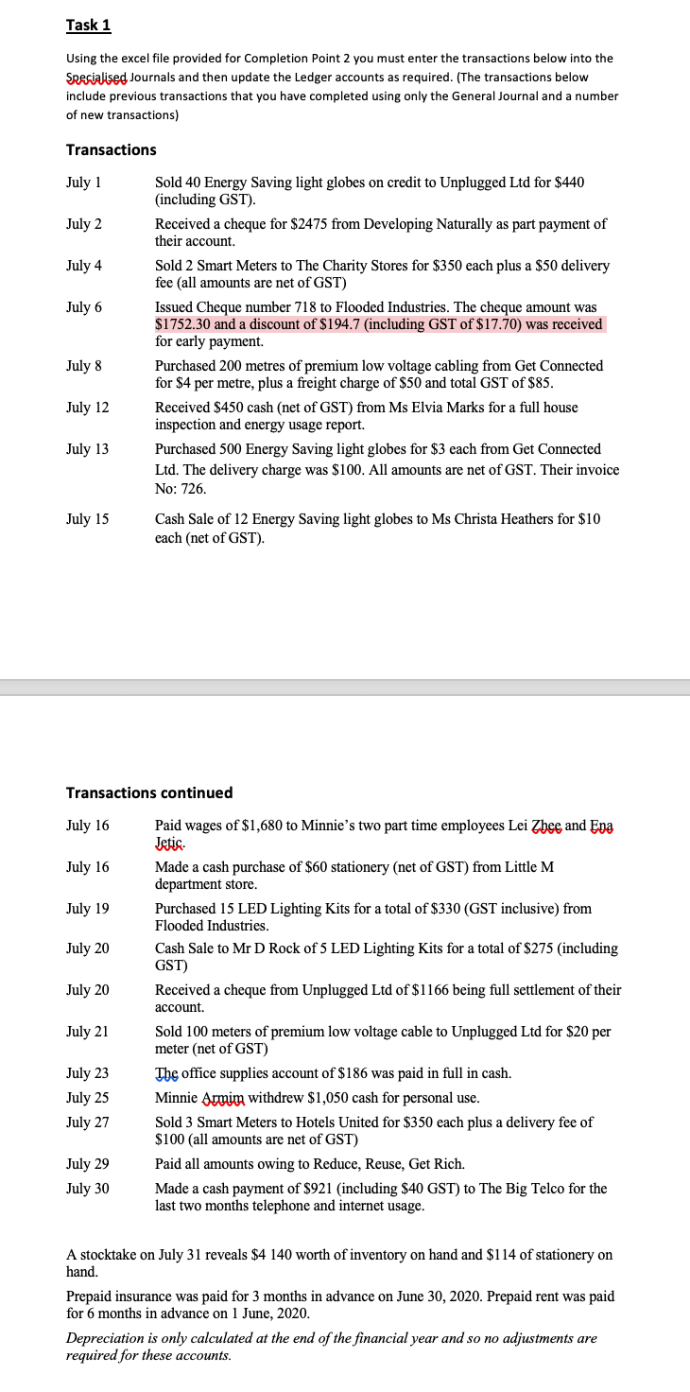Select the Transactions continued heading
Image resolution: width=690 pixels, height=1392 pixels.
[x=149, y=792]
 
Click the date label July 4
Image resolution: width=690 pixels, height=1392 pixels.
[x=84, y=266]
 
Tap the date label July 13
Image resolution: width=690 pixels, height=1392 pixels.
[x=88, y=449]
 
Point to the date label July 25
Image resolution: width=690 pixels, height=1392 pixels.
[x=88, y=1098]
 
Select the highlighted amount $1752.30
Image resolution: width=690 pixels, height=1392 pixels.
[x=183, y=324]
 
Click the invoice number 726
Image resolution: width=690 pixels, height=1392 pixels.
[x=193, y=489]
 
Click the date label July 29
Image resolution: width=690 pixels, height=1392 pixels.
[x=88, y=1164]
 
